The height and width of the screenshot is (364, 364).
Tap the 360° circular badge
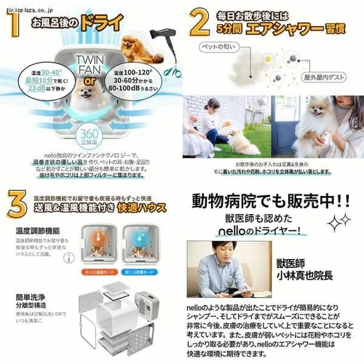pos(92,135)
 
